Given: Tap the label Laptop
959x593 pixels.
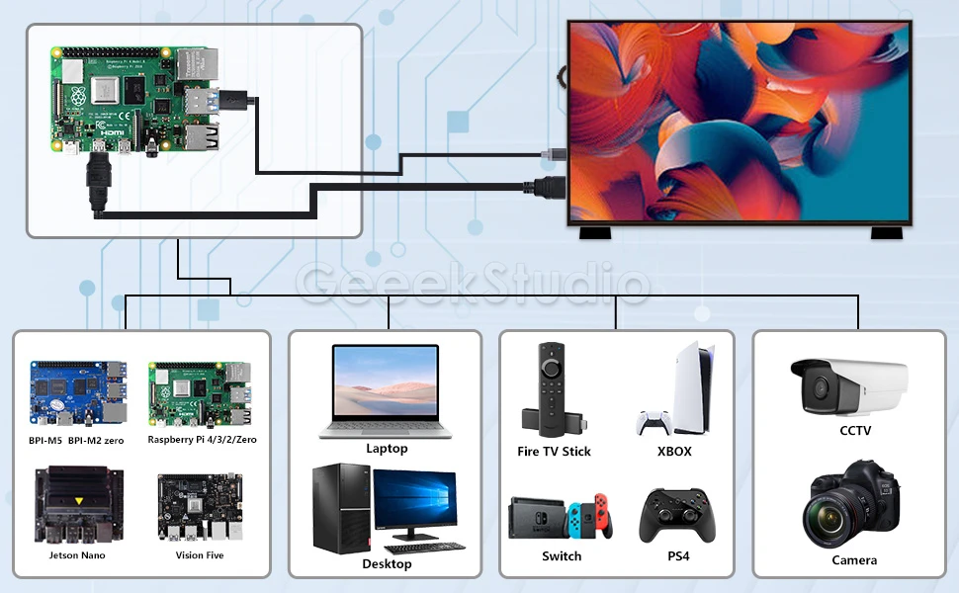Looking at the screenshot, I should coord(387,449).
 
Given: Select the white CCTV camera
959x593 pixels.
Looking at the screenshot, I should coord(847,386).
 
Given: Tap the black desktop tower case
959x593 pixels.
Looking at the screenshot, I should coord(341,508).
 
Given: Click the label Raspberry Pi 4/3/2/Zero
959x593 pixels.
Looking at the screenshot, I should coord(202,440).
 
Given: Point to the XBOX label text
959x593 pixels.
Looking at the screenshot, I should coord(674,452).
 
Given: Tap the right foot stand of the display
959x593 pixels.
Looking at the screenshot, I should coord(885,234).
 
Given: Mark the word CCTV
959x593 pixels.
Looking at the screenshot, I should coord(855,431).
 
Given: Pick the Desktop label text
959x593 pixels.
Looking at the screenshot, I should coord(387,564).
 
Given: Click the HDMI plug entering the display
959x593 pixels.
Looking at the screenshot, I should coord(548,185).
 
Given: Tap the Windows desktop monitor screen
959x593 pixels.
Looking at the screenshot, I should coord(415,504).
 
